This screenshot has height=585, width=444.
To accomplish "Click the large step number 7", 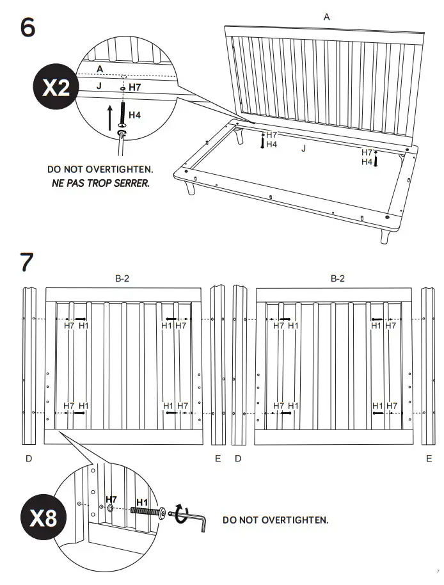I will click(x=27, y=262).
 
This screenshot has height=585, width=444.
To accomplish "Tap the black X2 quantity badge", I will click(x=55, y=88).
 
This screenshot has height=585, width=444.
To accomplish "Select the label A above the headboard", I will click(x=326, y=17).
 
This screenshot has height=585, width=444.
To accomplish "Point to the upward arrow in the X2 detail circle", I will click(x=109, y=117).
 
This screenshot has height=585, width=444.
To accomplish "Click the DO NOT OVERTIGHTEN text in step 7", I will click(x=275, y=520).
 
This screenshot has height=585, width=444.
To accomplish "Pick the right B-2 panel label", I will click(x=337, y=278).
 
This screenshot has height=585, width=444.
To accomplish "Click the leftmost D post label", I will click(x=29, y=459).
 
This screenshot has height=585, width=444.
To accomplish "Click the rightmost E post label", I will click(x=429, y=459).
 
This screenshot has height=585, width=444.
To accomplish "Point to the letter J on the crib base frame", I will click(x=303, y=148).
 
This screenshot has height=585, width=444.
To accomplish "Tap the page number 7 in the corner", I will click(x=438, y=572).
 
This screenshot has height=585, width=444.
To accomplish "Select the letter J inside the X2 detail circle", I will click(x=99, y=84).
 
